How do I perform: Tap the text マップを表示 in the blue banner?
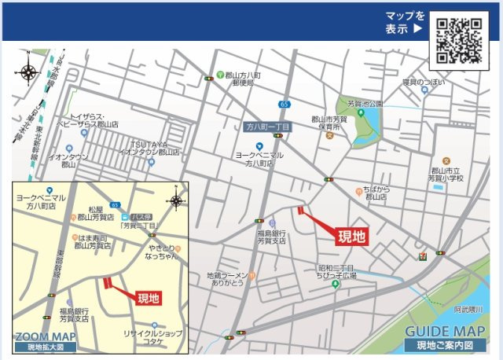point(405,22)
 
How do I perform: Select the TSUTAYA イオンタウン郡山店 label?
point(149,147)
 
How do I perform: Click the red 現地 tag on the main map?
point(351,235)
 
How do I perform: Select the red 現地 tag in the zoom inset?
point(149,298)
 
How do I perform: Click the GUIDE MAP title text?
point(446,332)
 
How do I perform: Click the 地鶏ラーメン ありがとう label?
point(228,280)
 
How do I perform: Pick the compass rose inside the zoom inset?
point(176,200)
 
